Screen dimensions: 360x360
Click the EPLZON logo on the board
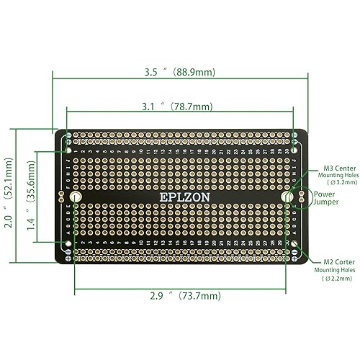(179, 197)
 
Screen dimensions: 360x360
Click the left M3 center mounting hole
(76, 197)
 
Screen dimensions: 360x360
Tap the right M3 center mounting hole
(287, 197)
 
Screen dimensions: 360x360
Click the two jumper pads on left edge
(60, 197)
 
